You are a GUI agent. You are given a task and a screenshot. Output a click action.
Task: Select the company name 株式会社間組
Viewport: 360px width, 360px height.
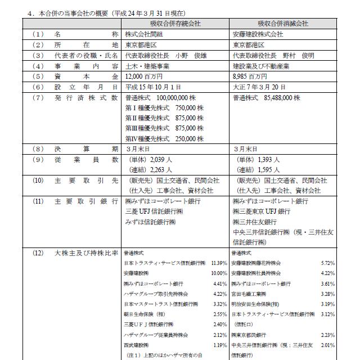143,34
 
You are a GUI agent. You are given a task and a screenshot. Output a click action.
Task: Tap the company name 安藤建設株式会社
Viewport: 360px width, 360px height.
258,34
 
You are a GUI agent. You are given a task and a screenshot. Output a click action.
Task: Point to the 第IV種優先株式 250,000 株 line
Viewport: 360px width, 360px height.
164,138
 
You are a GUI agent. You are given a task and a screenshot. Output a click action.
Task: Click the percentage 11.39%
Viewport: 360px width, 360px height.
219,263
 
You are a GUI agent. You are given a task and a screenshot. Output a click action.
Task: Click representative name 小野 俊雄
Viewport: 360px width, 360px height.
190,56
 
